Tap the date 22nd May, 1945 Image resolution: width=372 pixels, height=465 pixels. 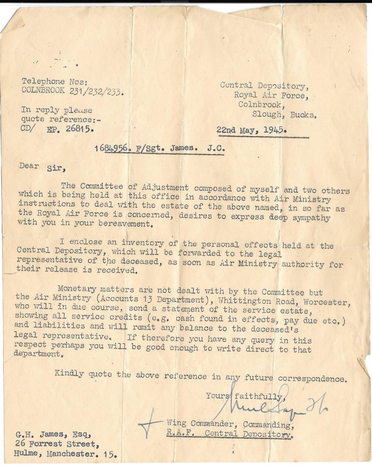click(251, 130)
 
